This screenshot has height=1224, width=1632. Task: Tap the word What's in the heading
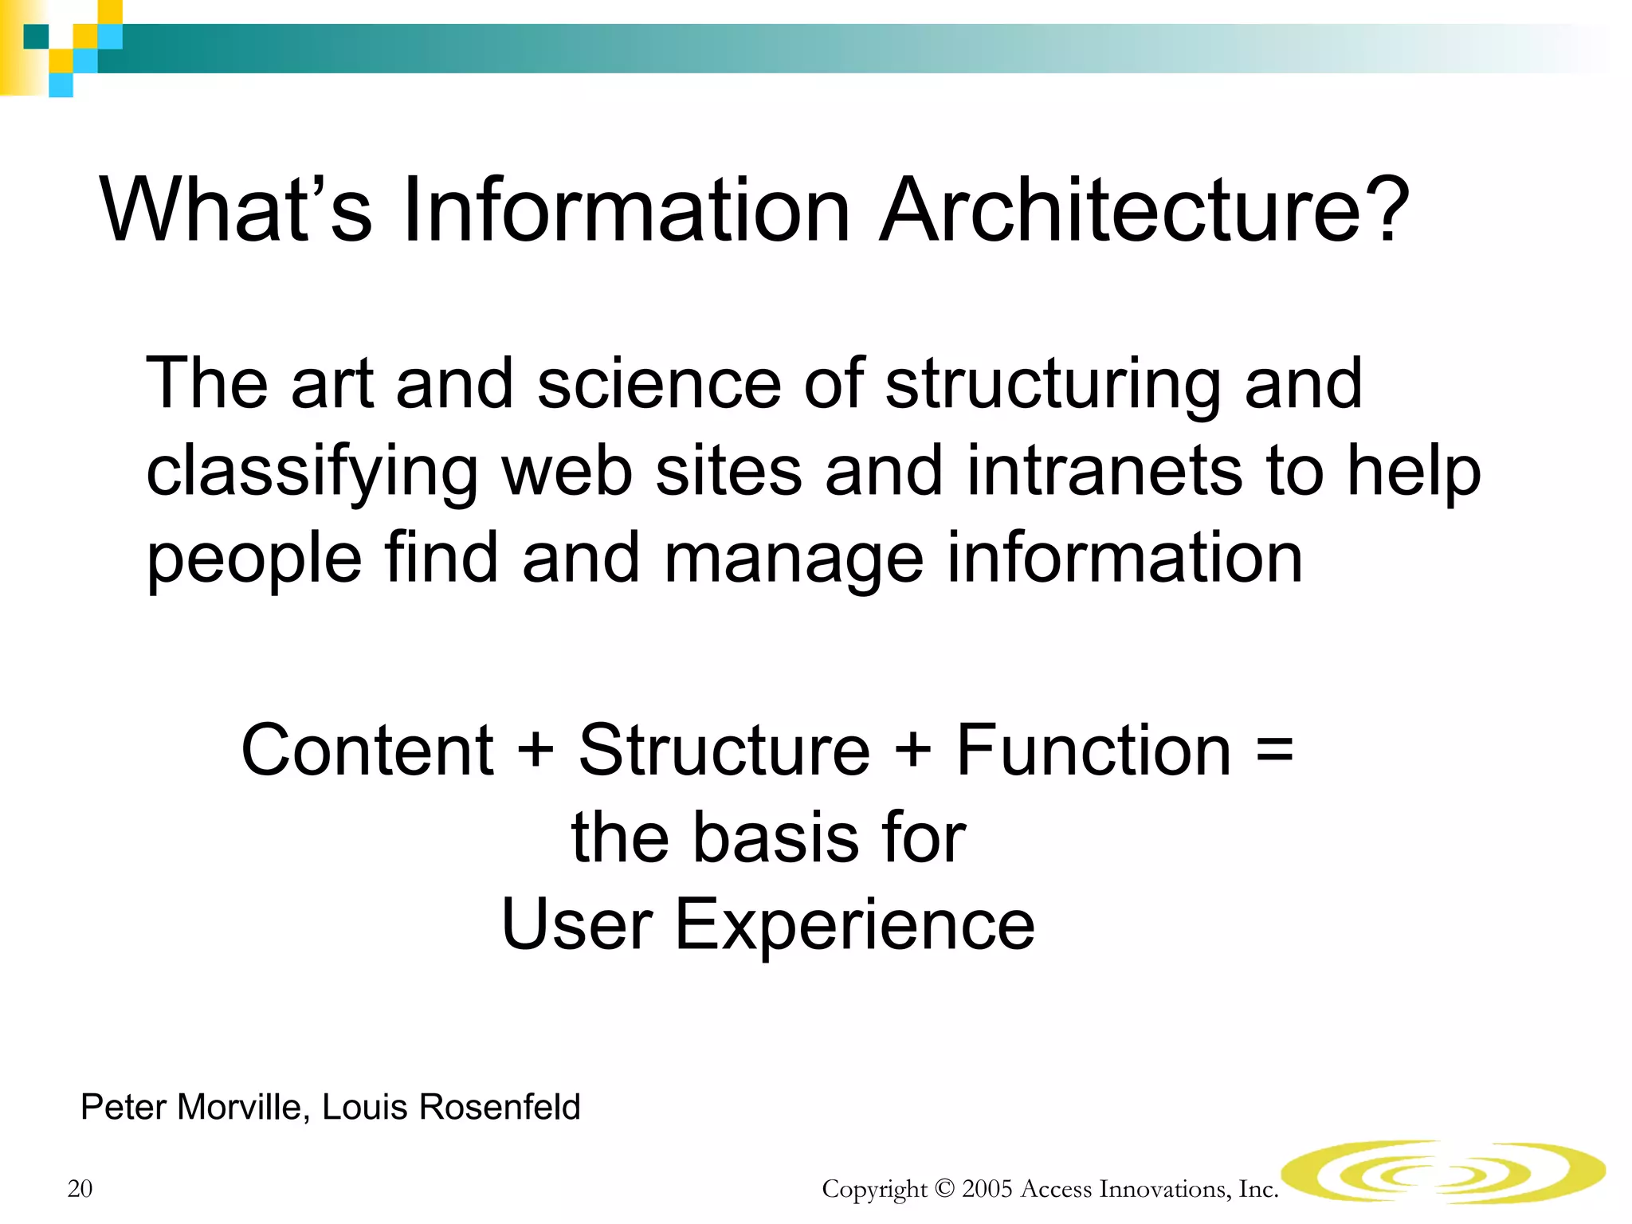click(236, 211)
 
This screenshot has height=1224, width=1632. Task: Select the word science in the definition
click(659, 384)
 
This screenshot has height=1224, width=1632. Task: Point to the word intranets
click(1104, 471)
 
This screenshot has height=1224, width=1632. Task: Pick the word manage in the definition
click(794, 560)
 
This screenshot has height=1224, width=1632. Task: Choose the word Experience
click(854, 926)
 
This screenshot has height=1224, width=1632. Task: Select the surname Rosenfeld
click(500, 1108)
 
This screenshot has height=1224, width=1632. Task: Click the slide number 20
click(80, 1189)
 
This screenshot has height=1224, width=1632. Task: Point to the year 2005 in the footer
click(987, 1189)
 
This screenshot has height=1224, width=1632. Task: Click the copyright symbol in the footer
click(944, 1189)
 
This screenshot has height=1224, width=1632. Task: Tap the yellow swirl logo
click(1442, 1171)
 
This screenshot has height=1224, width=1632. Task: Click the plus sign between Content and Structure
click(535, 751)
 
